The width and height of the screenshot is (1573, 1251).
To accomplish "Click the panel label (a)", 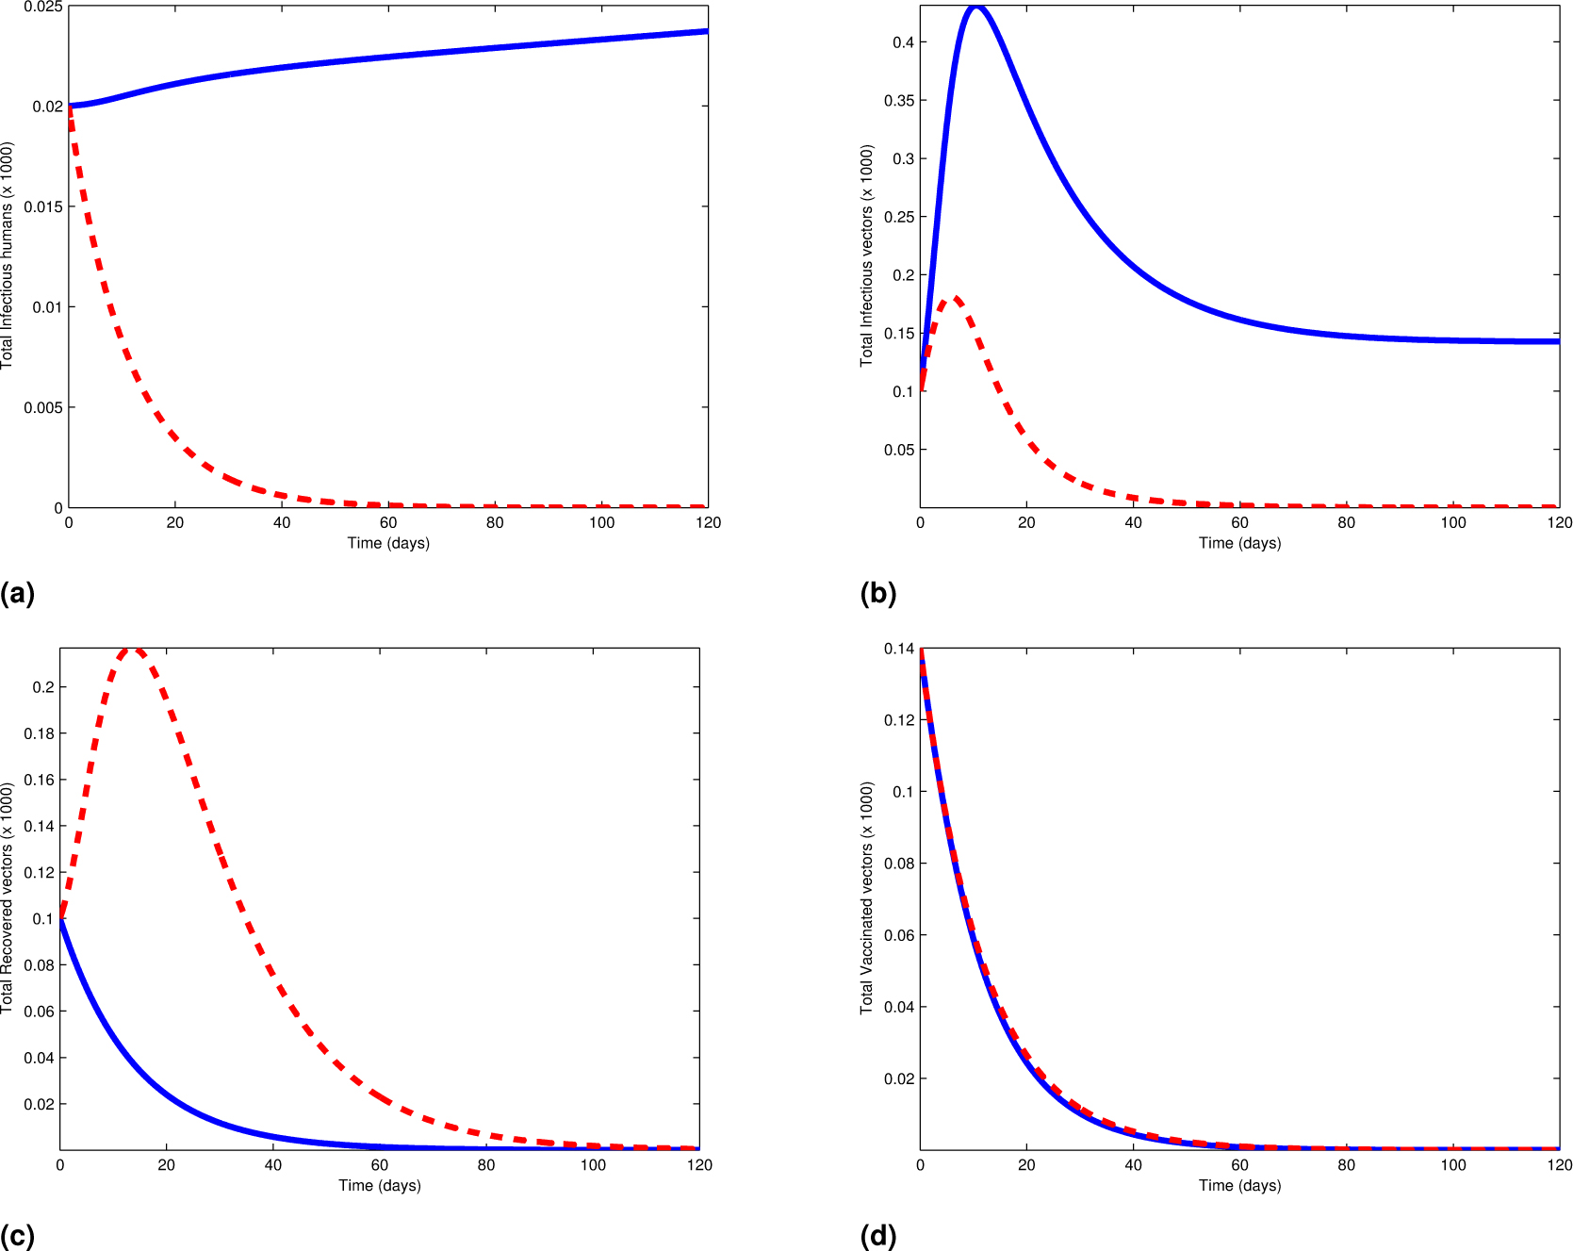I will pos(17,594).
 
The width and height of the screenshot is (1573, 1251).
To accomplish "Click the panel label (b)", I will pos(877,594).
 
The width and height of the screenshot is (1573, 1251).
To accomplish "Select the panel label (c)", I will pos(17,1236).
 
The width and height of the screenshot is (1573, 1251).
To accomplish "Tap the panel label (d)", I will pos(877,1236).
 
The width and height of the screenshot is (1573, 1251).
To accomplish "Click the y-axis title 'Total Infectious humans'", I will pos(8,255).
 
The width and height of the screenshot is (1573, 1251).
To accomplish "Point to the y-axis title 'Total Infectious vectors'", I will pos(867,255).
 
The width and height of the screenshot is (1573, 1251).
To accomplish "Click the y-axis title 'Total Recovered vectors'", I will pos(8,898).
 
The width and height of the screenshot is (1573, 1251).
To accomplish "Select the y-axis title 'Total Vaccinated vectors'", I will pos(867,898).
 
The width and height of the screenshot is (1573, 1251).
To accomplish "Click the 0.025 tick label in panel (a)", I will pos(43,8).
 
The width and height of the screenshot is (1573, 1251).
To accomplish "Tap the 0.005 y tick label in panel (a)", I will pos(43,407).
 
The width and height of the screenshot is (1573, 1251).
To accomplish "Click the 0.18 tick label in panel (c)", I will pos(39,733).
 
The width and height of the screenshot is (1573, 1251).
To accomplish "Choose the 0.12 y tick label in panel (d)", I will pos(899,720).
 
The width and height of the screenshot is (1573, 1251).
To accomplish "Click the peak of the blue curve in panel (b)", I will pos(976,8).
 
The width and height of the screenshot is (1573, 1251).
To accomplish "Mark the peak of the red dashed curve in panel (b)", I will pos(955,299).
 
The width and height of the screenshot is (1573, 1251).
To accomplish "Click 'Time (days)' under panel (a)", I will pos(388,543).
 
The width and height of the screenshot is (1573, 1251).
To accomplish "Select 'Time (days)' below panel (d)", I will pos(1239,1185).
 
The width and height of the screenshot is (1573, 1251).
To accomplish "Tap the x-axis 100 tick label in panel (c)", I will pos(593,1165).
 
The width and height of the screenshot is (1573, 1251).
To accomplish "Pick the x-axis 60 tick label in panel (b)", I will pos(1239,523).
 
